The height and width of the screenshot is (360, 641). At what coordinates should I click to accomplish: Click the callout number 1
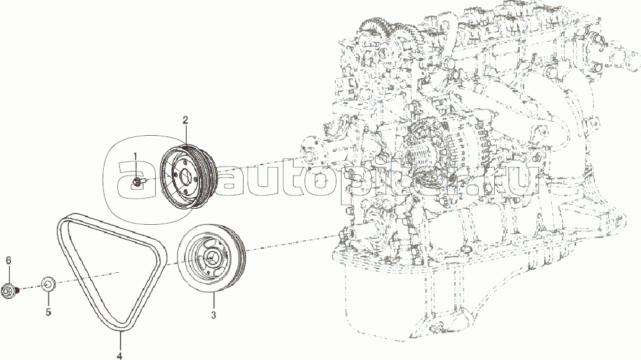coord(135,156)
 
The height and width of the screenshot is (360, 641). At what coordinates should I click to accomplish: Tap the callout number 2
coord(185,120)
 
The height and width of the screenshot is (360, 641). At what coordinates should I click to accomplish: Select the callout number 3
coord(213,315)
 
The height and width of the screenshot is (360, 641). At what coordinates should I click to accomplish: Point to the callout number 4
coord(120,356)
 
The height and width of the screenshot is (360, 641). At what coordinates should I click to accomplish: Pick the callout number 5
coord(48,312)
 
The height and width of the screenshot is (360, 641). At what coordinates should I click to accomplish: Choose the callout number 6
coord(8,260)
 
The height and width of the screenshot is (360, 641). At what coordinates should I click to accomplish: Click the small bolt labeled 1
coord(138,182)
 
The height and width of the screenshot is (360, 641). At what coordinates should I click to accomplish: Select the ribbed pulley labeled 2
coord(188,176)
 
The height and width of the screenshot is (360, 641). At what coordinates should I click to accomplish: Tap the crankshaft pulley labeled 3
coord(212,258)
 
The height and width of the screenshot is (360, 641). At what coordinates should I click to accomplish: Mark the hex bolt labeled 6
coord(10,291)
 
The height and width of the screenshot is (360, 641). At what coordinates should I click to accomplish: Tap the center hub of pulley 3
coord(212,258)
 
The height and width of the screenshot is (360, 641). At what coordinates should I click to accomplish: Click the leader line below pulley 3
coord(213,301)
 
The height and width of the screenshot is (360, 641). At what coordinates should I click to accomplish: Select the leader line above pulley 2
coord(186,136)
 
